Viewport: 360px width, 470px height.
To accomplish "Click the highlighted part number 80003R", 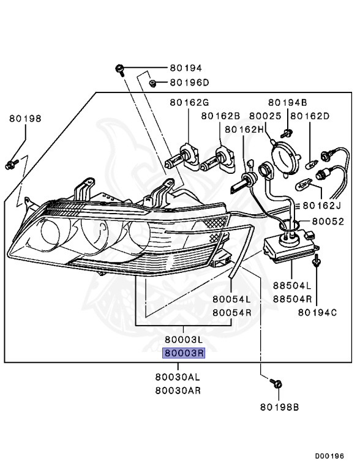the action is click(184, 353).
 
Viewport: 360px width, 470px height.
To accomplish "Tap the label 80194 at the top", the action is click(186, 68).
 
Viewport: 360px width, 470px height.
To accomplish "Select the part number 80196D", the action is click(189, 83).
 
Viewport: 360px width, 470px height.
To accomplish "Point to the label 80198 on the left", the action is click(25, 119).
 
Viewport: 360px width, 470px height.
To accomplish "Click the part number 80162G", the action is click(189, 103).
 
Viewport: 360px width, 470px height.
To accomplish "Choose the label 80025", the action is click(265, 116).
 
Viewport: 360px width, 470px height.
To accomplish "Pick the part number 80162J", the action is click(322, 206).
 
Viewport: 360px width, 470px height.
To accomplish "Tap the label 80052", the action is click(328, 222).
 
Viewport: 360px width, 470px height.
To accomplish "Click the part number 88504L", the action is click(292, 286).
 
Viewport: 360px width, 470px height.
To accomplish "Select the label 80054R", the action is click(232, 313).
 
